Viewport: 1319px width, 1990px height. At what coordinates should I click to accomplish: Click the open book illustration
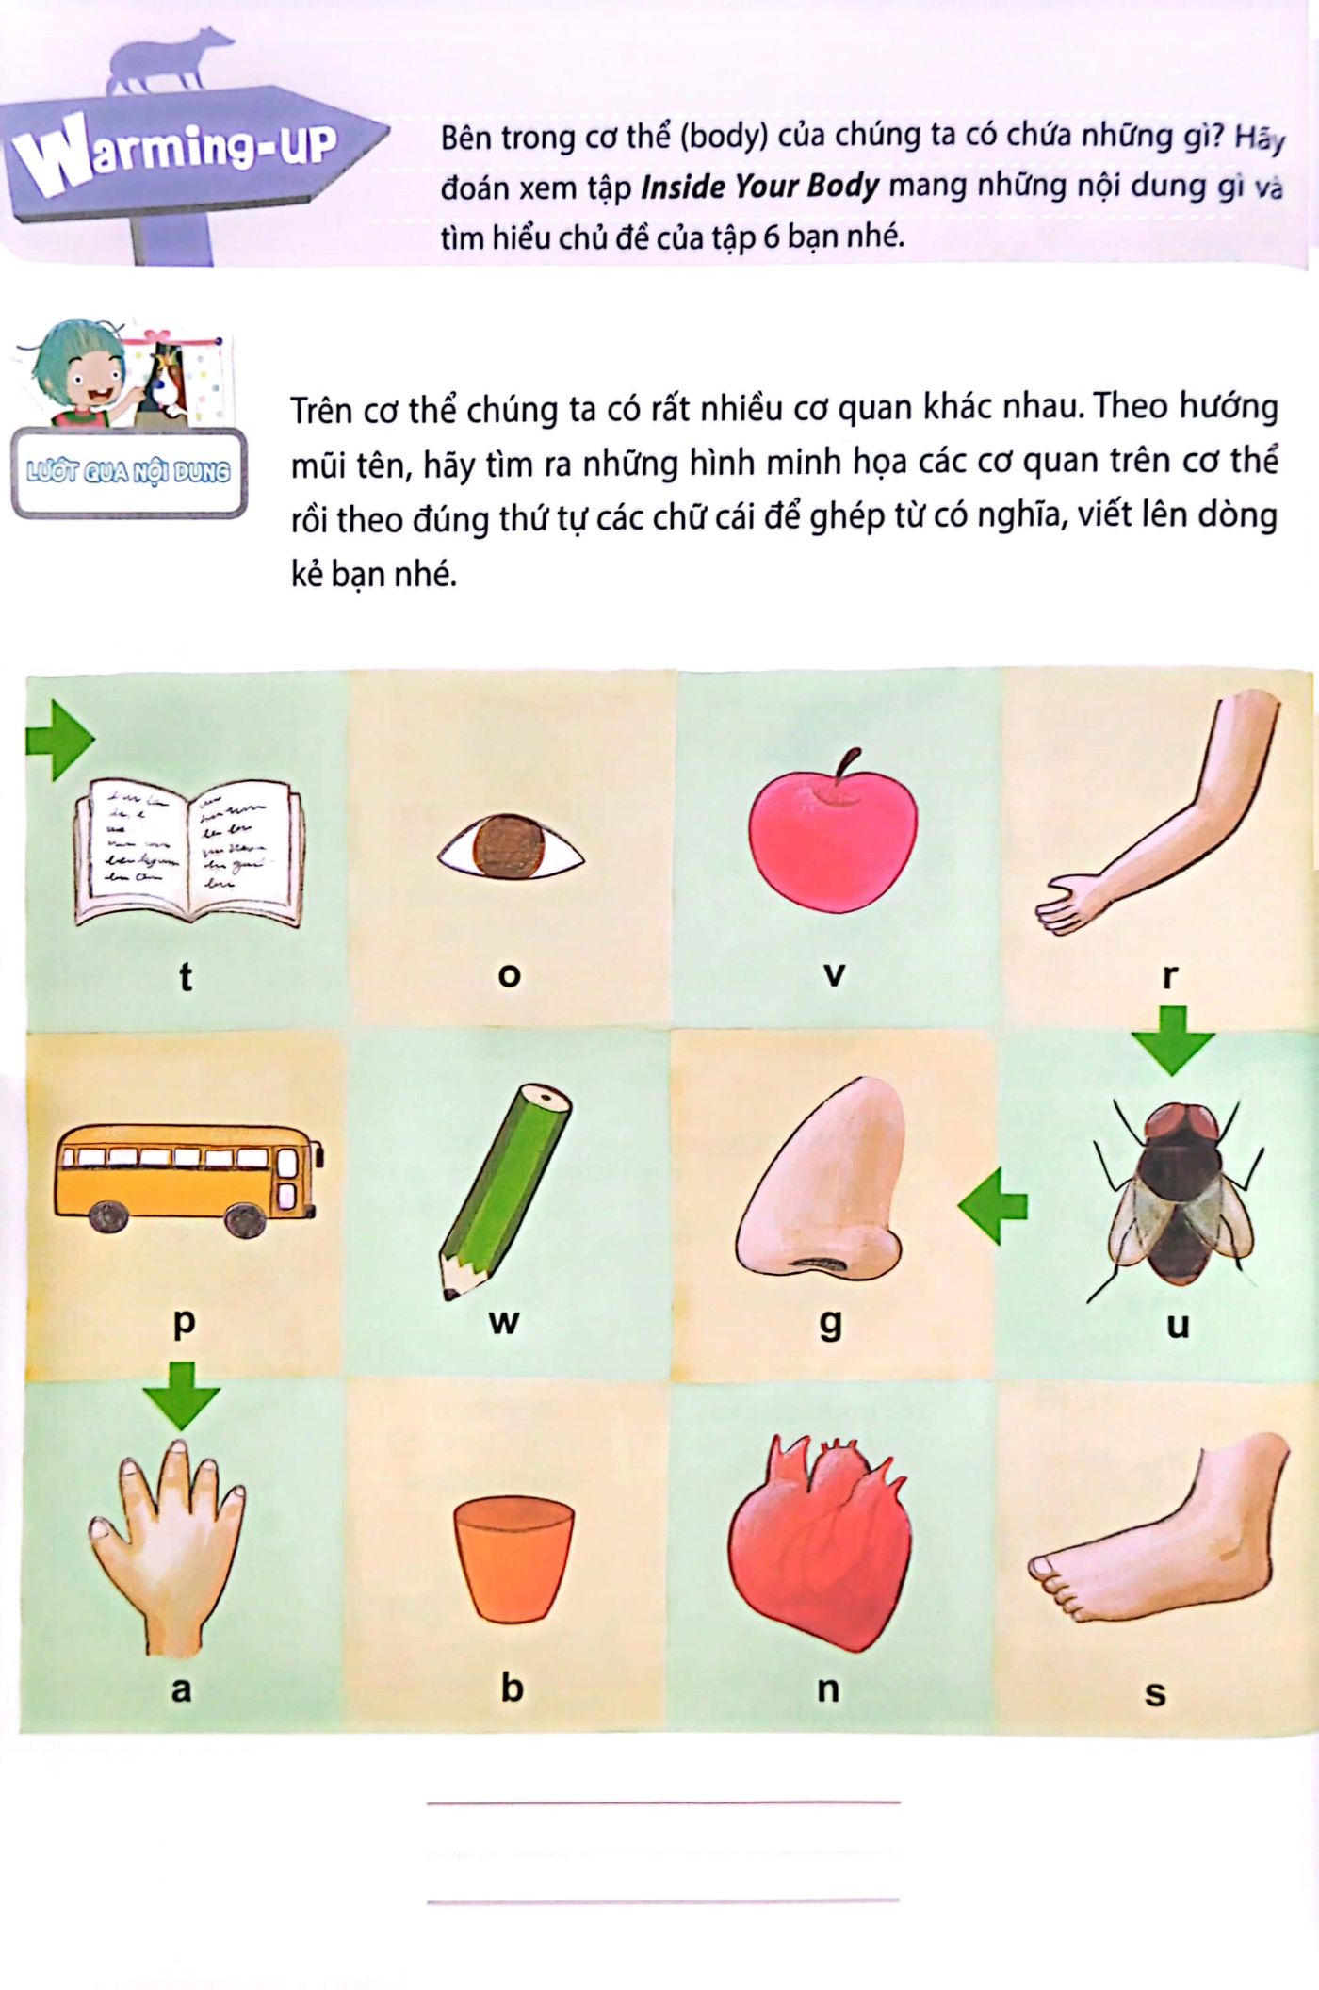[188, 853]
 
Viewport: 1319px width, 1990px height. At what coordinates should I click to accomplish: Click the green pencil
[506, 1191]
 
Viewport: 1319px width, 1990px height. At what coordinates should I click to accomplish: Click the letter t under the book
[186, 976]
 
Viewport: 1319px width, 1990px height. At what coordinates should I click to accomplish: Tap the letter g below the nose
[829, 1323]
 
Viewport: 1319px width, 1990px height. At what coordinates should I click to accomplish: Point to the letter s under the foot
[1155, 1693]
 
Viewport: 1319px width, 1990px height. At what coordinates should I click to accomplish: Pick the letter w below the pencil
[504, 1321]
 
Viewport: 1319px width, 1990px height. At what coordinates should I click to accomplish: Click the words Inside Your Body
[759, 187]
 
